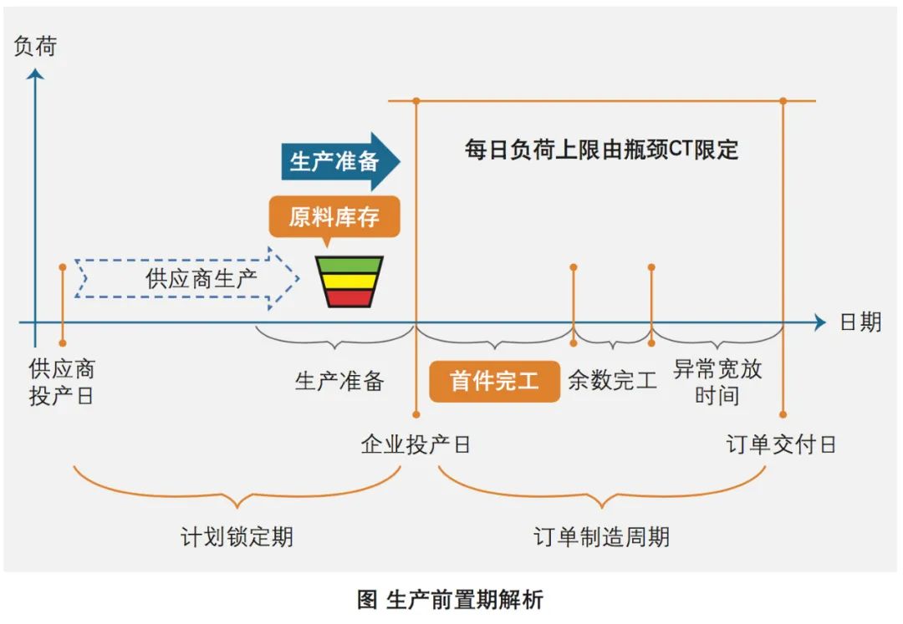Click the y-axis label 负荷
[x=36, y=47]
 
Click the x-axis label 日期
[x=860, y=322]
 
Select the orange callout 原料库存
[x=334, y=217]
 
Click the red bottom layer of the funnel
[x=349, y=297]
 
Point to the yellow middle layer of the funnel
[x=349, y=281]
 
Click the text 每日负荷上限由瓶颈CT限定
[x=602, y=150]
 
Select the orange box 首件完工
[x=494, y=381]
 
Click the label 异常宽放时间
[x=717, y=382]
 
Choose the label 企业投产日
[x=416, y=444]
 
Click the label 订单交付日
[x=781, y=444]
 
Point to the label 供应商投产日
[x=62, y=382]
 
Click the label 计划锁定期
[x=237, y=535]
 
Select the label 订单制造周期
[x=602, y=535]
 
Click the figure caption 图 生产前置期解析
[x=451, y=599]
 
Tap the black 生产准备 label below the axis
[x=339, y=381]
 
